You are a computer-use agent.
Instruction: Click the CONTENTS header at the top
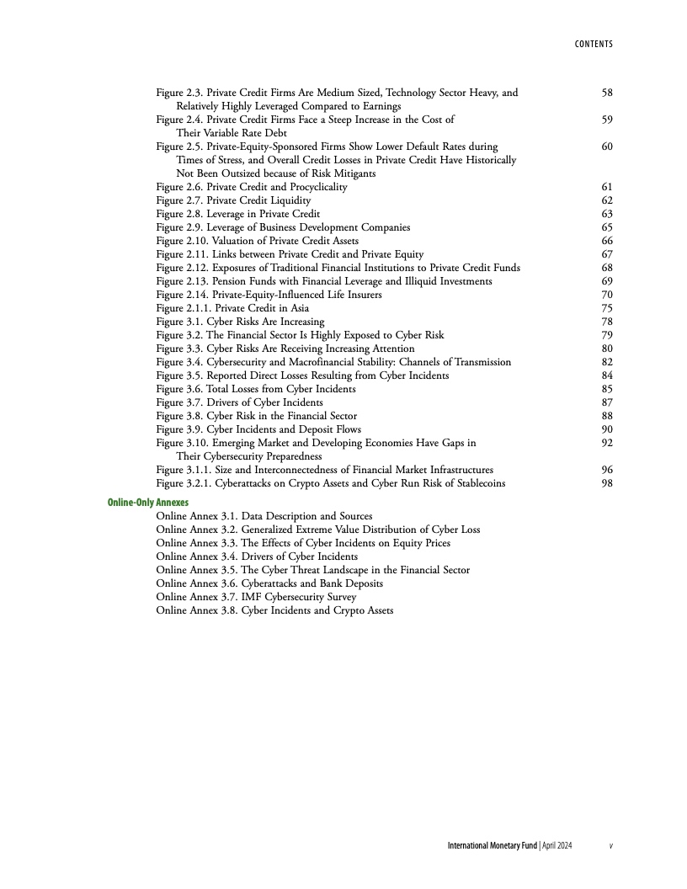point(588,44)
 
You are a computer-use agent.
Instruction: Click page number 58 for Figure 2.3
point(607,93)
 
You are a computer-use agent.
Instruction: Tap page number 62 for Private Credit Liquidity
point(607,200)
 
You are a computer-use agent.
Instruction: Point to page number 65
point(607,227)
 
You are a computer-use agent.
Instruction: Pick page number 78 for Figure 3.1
point(607,322)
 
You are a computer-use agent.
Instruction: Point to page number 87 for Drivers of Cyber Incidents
point(607,402)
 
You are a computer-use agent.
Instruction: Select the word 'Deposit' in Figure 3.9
point(315,429)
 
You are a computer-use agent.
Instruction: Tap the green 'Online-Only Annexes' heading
point(148,503)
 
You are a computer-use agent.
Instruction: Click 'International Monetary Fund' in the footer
point(491,844)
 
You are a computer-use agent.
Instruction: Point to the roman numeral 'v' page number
point(610,844)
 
